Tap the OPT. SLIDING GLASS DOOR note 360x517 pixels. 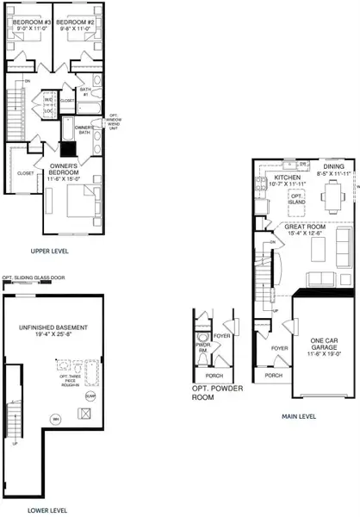click(x=34, y=278)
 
